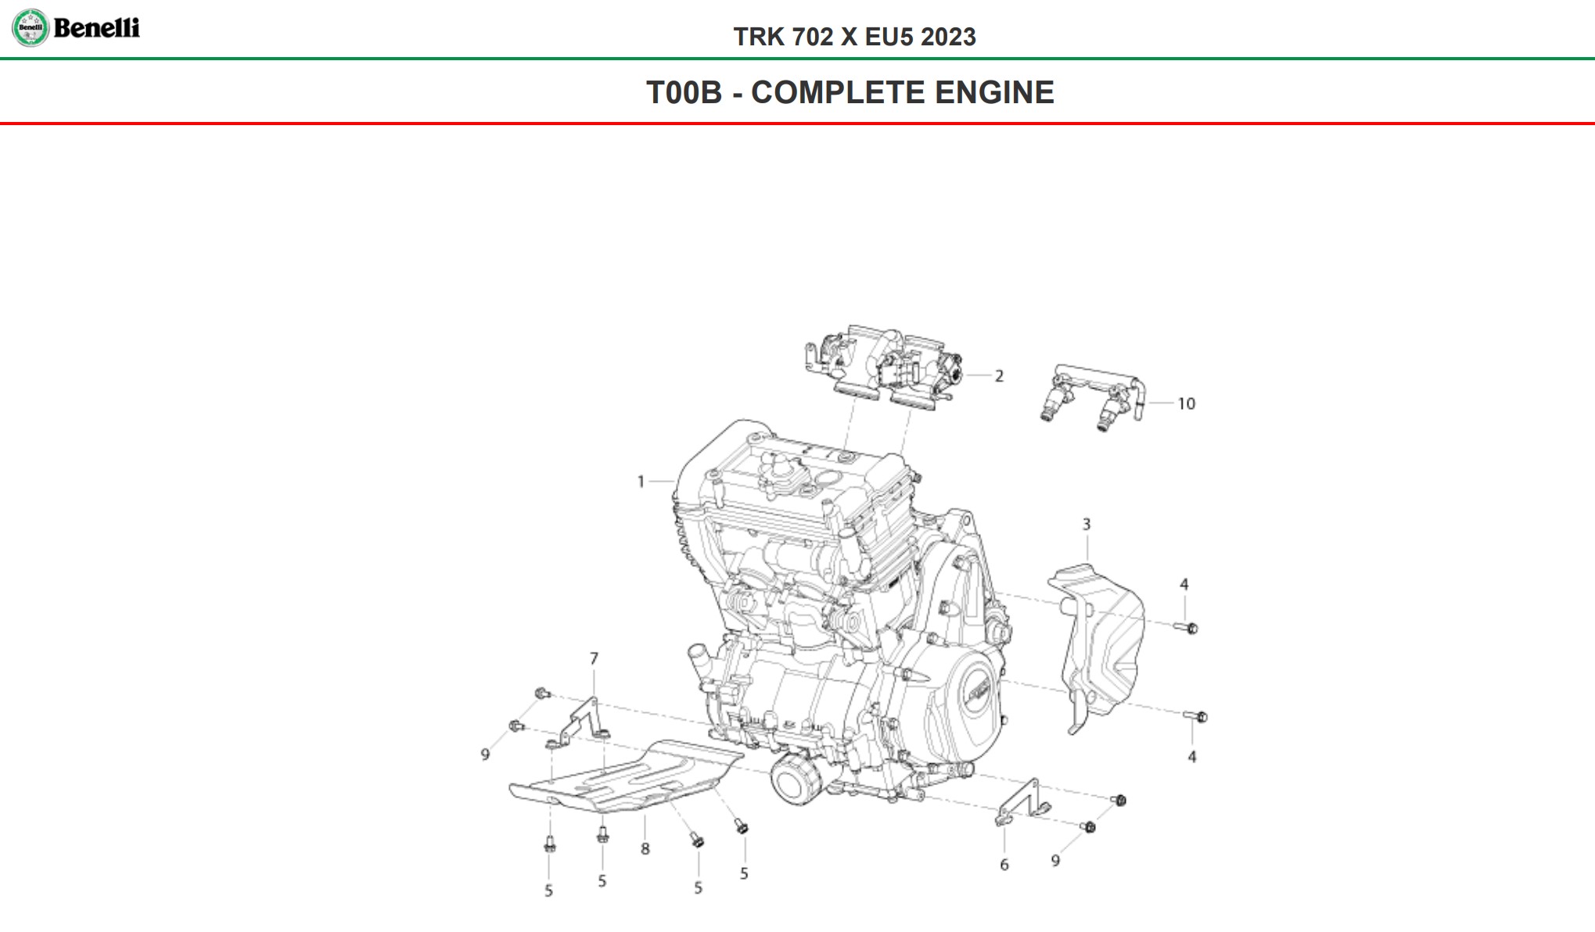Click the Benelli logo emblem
tap(31, 28)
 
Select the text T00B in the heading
tap(684, 92)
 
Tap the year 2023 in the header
tap(948, 37)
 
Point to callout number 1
tap(641, 482)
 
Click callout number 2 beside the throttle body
tap(999, 376)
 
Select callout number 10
tap(1186, 403)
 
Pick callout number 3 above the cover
tap(1086, 525)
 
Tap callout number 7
tap(594, 658)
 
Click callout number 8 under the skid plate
tap(645, 848)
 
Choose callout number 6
tap(1004, 865)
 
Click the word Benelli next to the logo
tap(96, 28)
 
